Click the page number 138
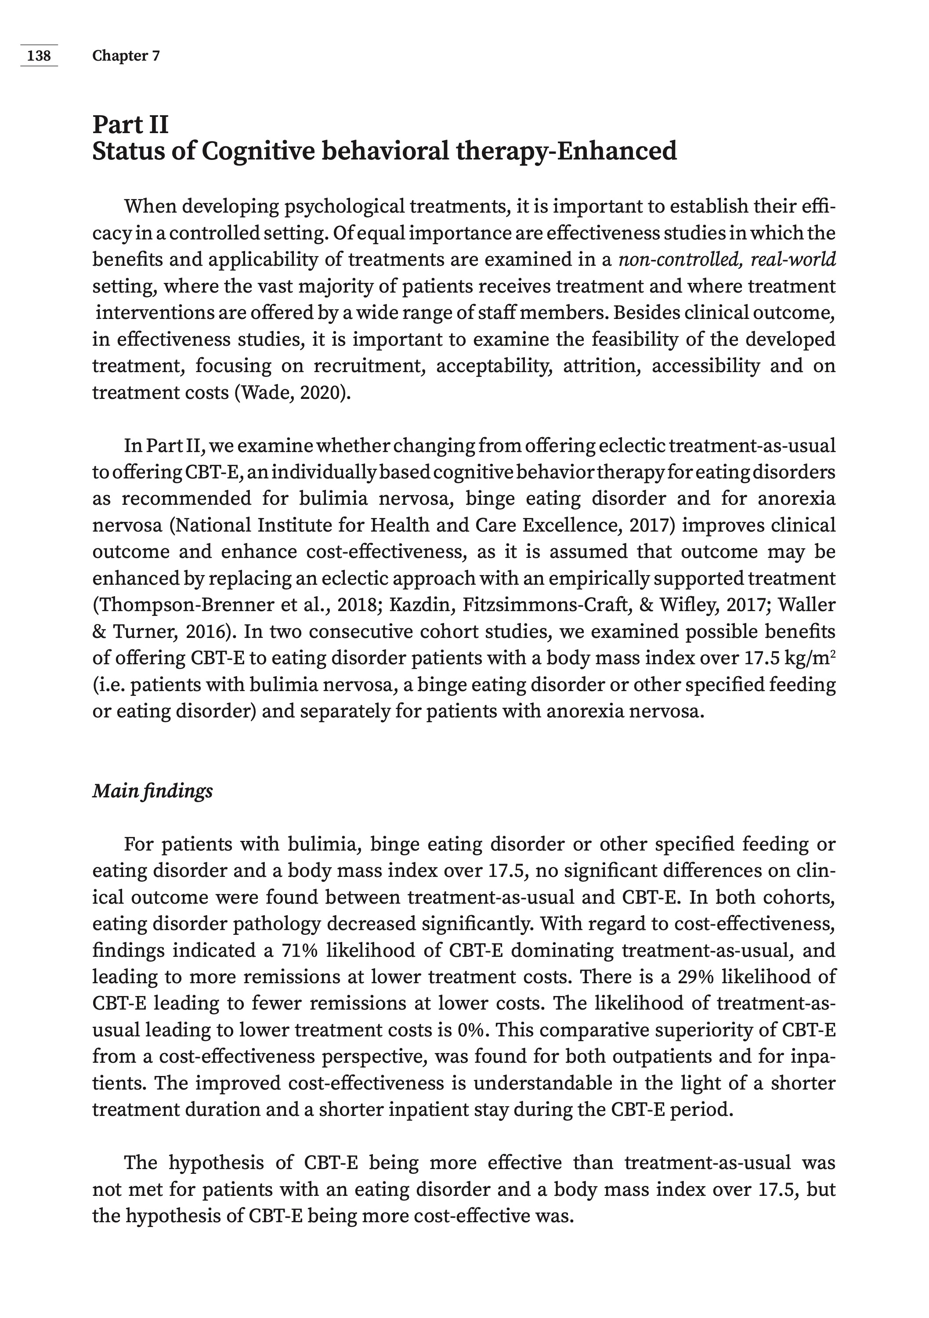[39, 56]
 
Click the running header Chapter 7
[126, 56]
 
